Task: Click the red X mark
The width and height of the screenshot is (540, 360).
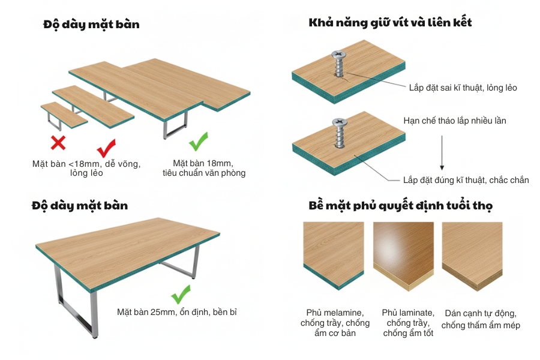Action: [x=58, y=143]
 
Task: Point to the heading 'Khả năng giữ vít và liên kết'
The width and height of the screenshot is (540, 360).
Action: [x=390, y=23]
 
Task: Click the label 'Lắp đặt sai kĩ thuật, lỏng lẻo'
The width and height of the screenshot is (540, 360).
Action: [x=463, y=88]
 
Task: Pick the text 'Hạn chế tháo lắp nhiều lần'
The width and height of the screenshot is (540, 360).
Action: [x=455, y=121]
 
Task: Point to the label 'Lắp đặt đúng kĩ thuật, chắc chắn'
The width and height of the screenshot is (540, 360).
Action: [x=466, y=180]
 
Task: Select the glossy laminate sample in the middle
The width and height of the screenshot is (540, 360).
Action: [x=403, y=254]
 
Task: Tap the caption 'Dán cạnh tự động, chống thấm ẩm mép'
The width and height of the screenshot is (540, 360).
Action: [x=481, y=319]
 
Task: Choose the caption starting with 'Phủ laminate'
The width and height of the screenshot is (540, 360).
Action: [x=408, y=323]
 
